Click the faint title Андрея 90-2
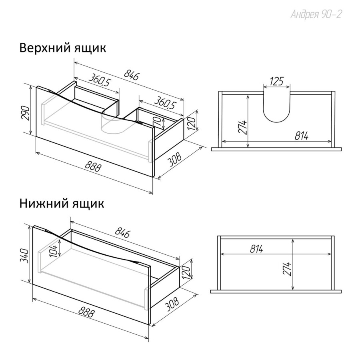coord(316,14)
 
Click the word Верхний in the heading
coord(44,48)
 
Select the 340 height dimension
coord(24,256)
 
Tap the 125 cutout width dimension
coord(277,81)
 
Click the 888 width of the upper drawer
coord(93,166)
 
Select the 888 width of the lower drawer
coord(86,312)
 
